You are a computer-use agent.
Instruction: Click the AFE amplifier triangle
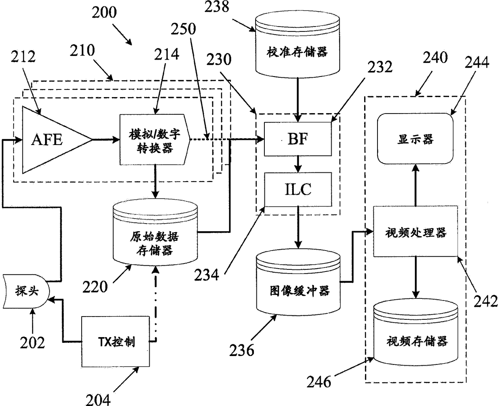click(54, 140)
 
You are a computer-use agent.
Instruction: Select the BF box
click(298, 139)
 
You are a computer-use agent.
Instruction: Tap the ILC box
click(298, 190)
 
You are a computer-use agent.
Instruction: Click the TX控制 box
click(115, 341)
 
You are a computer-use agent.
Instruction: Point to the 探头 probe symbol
click(26, 291)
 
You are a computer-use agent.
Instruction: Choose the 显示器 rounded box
click(415, 139)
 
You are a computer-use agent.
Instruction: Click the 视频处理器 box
click(415, 231)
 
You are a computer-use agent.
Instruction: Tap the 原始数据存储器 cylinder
click(155, 232)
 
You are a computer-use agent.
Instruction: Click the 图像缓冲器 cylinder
click(298, 282)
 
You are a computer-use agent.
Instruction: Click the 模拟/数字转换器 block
click(155, 140)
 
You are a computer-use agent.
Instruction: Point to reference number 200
click(104, 12)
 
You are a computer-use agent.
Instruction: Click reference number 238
click(217, 6)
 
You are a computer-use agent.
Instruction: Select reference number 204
click(98, 400)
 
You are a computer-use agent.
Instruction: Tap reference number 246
click(319, 382)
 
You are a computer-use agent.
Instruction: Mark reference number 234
click(206, 275)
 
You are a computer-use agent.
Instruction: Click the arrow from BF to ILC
click(298, 164)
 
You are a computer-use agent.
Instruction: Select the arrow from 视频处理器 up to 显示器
click(416, 185)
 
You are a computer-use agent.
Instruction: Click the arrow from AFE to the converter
click(106, 140)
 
